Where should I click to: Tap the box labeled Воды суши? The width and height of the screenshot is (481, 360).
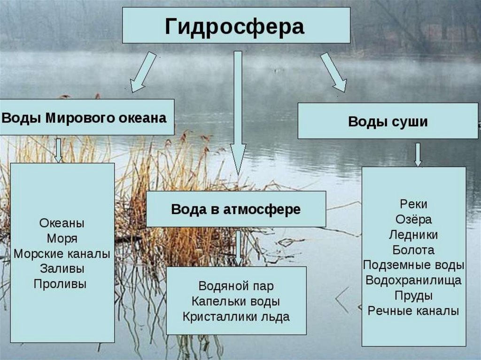[x=388, y=122]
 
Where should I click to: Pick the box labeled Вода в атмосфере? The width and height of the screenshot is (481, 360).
[x=236, y=209]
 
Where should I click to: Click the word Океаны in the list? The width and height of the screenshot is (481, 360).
[x=62, y=223]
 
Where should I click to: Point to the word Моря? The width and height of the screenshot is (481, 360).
[x=62, y=238]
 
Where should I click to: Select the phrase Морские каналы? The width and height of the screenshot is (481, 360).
[x=62, y=254]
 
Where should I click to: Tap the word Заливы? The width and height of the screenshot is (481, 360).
[x=62, y=269]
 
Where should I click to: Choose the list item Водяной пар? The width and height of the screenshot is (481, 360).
[x=236, y=286]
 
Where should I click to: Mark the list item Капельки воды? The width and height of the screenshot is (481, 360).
[x=236, y=301]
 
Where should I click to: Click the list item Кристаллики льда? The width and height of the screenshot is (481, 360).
[x=236, y=316]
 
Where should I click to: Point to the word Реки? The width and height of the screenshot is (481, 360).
[x=414, y=204]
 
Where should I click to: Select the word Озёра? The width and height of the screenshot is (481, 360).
[x=414, y=219]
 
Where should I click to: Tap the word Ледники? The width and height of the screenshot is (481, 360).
[x=414, y=235]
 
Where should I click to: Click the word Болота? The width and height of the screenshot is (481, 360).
[x=414, y=250]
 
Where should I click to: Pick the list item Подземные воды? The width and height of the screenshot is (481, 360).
[x=414, y=265]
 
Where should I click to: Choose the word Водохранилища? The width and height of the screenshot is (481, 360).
[x=414, y=280]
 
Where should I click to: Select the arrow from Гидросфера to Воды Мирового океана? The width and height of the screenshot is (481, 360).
[x=143, y=72]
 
